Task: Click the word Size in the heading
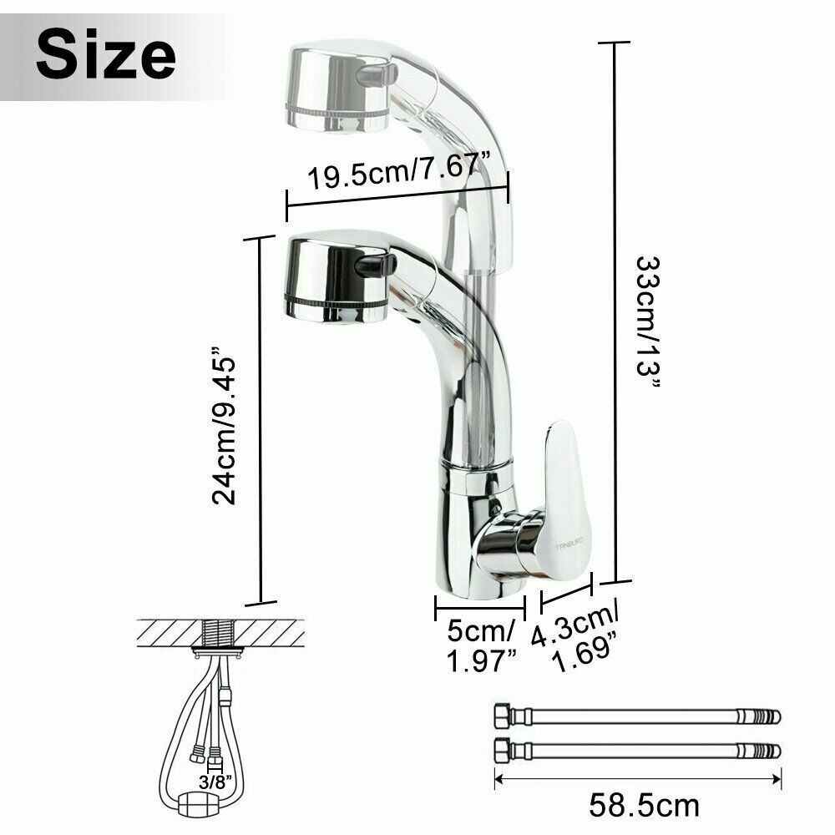coord(106,53)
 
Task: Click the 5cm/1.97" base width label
coord(482,645)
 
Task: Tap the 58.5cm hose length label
coord(644,805)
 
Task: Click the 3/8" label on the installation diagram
coord(215,782)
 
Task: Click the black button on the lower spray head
coord(376,265)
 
